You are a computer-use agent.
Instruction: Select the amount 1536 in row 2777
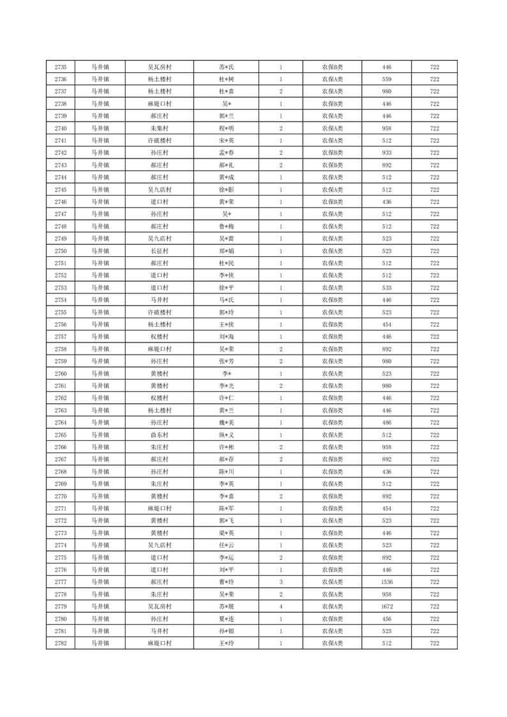[x=387, y=582]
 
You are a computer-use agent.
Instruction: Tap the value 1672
[x=387, y=606]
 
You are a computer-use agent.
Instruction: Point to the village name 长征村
[x=160, y=251]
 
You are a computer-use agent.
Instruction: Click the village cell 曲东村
[x=160, y=435]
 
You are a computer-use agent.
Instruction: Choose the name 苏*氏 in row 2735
[x=227, y=67]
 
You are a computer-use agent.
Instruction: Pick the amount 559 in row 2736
[x=387, y=79]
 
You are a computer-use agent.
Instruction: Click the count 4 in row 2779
[x=281, y=606]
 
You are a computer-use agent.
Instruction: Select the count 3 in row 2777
[x=281, y=582]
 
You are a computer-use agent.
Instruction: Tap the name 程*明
[x=227, y=128]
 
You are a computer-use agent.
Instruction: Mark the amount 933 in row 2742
[x=387, y=153]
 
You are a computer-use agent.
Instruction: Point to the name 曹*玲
[x=227, y=582]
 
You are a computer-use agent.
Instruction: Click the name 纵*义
[x=227, y=435]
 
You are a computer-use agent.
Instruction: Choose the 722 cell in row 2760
[x=434, y=374]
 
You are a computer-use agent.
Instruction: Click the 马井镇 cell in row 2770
[x=100, y=497]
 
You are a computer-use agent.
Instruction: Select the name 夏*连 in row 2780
[x=227, y=619]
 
